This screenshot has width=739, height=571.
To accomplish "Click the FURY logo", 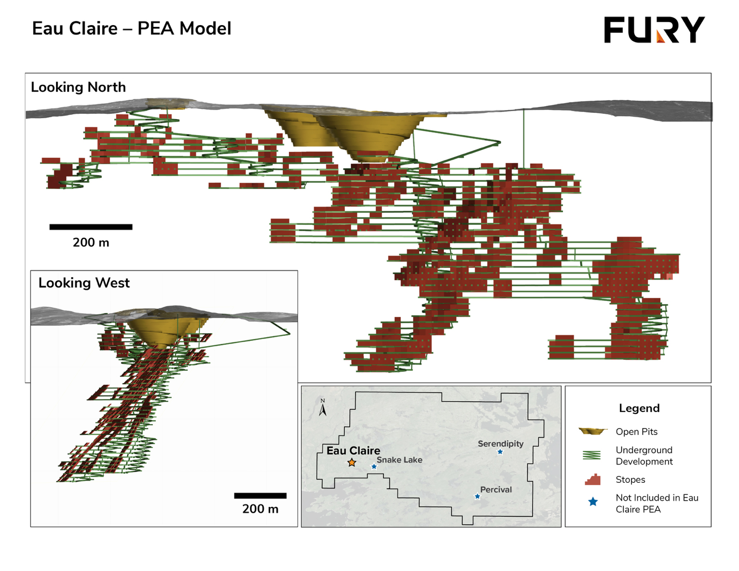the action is [654, 29].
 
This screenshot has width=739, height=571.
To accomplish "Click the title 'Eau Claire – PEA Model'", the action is [132, 28].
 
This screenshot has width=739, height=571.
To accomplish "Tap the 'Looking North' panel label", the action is [78, 87].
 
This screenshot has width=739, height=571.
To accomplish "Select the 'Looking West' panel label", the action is [84, 283].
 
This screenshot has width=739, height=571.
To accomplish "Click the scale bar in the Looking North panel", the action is [91, 227].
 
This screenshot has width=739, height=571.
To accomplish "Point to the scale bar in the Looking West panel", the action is [260, 496].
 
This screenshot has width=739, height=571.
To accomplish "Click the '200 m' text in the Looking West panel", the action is [260, 509].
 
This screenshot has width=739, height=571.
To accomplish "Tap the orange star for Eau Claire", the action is [352, 462].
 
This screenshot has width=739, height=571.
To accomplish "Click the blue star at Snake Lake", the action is [374, 467].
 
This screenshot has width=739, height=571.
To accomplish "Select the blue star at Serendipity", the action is [500, 452].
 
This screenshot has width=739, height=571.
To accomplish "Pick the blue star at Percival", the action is [477, 497].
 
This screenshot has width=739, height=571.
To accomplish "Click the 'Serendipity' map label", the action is [501, 444].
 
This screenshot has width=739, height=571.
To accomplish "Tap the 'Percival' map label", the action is [496, 489].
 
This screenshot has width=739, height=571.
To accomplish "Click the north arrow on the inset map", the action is [322, 408].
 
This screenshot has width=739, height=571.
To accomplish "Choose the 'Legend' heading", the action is [639, 408].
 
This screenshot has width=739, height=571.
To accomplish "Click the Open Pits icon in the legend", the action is [593, 431].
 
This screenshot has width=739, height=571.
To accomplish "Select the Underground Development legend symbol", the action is [591, 455].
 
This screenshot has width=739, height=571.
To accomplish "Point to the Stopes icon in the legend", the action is [593, 479].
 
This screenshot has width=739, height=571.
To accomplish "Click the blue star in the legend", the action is [593, 502].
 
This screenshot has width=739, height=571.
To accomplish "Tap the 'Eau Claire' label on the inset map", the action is [354, 451].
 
